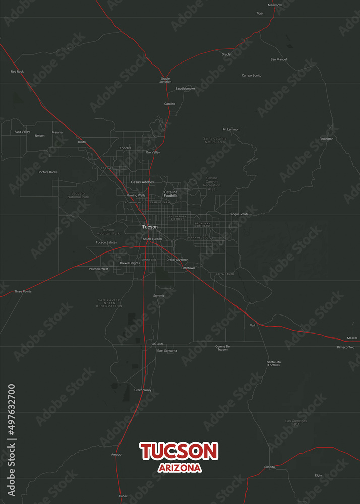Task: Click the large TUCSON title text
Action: click(179, 451)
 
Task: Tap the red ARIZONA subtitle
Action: click(179, 468)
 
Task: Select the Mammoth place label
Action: click(275, 5)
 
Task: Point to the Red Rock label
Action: click(17, 72)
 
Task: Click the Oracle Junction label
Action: click(165, 80)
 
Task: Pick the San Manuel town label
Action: click(279, 59)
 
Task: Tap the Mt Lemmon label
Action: click(231, 129)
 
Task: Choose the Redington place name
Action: click(326, 139)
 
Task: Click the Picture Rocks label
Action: click(48, 172)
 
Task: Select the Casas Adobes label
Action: click(142, 182)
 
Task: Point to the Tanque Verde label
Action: click(239, 214)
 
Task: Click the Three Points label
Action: click(23, 291)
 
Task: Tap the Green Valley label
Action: click(143, 390)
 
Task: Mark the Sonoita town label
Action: click(269, 467)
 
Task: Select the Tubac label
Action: click(124, 496)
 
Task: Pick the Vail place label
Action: click(253, 325)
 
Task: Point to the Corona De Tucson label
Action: click(222, 348)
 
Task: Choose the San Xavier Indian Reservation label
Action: click(109, 303)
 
